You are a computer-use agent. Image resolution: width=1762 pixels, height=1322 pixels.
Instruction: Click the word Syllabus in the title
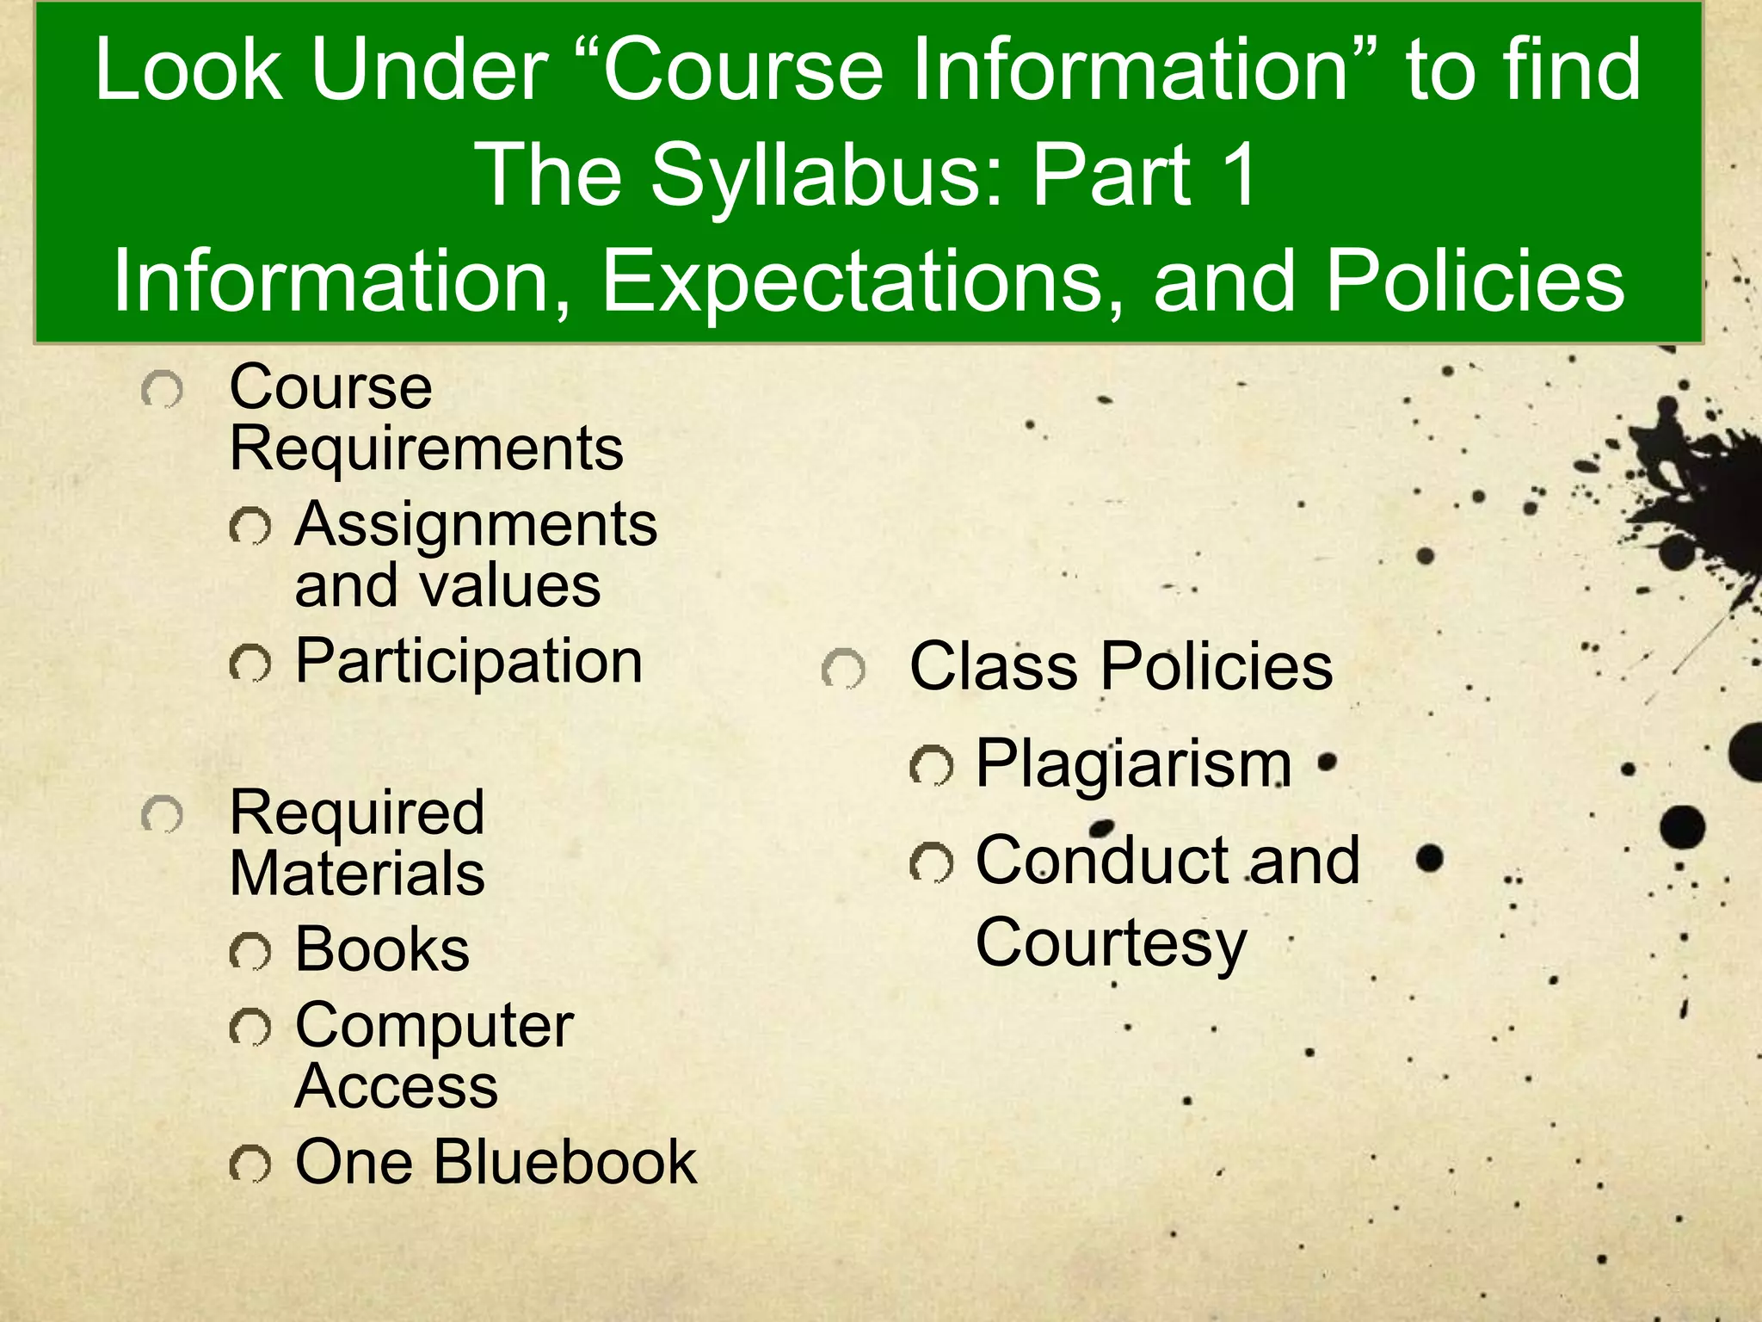tap(826, 176)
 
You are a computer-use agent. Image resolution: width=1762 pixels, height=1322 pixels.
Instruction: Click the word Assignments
tap(476, 525)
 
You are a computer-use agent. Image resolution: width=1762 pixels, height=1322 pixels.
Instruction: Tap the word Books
tap(382, 949)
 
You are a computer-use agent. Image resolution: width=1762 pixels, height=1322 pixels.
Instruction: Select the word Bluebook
tap(564, 1162)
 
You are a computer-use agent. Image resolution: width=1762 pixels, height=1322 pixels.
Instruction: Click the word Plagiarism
tap(1133, 764)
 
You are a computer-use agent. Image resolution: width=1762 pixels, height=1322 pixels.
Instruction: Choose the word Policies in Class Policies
tap(1217, 667)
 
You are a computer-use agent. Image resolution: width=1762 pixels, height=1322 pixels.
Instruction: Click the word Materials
tap(357, 874)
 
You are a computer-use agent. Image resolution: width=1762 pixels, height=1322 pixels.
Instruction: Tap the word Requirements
tap(427, 448)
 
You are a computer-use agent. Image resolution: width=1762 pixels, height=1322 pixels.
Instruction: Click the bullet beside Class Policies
tap(843, 670)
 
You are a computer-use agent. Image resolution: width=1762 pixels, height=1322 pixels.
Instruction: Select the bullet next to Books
tap(250, 952)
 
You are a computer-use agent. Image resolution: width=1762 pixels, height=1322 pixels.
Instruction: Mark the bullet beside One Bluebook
tap(250, 1164)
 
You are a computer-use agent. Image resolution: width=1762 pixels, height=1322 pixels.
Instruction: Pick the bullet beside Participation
tap(250, 664)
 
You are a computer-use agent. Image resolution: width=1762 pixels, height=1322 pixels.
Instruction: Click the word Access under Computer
tap(396, 1086)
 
